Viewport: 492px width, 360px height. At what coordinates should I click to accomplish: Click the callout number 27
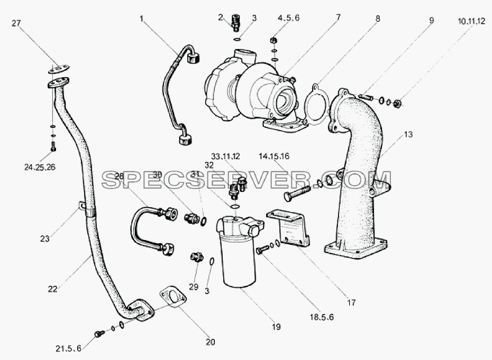click(16, 23)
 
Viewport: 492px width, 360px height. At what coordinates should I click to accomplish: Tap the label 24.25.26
click(40, 167)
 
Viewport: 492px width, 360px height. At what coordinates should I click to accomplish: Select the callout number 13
click(408, 134)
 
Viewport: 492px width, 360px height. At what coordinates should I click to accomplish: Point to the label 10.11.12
click(471, 22)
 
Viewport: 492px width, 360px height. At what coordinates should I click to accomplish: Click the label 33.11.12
click(225, 156)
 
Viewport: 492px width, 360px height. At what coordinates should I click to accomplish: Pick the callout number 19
click(276, 327)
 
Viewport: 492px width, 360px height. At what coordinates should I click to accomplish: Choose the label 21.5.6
click(68, 348)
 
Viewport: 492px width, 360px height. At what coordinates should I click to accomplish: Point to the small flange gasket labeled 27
click(59, 69)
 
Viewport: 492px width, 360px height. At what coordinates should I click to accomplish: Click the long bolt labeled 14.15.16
click(296, 193)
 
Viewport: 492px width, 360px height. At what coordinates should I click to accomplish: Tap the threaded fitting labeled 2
click(235, 23)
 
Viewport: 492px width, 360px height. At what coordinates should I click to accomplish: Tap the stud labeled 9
click(366, 97)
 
